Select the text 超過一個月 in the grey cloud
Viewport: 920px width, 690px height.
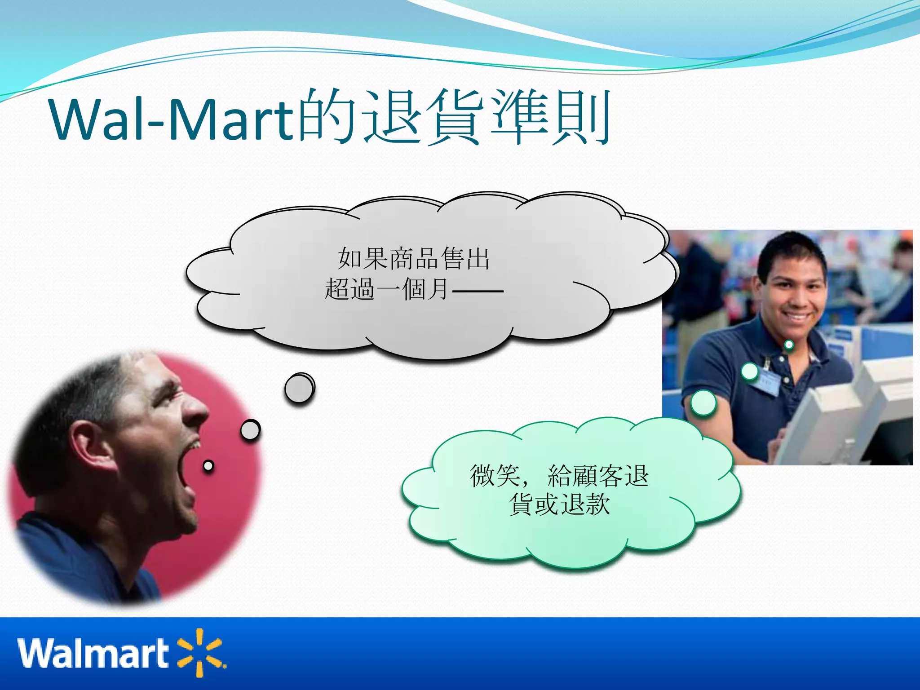pyautogui.click(x=386, y=289)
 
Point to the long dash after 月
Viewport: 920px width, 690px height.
pyautogui.click(x=478, y=291)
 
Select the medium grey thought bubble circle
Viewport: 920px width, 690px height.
pyautogui.click(x=250, y=430)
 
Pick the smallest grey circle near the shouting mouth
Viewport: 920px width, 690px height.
pyautogui.click(x=208, y=466)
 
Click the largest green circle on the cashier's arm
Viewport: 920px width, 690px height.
pyautogui.click(x=703, y=402)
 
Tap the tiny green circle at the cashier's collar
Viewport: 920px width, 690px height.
pyautogui.click(x=788, y=345)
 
